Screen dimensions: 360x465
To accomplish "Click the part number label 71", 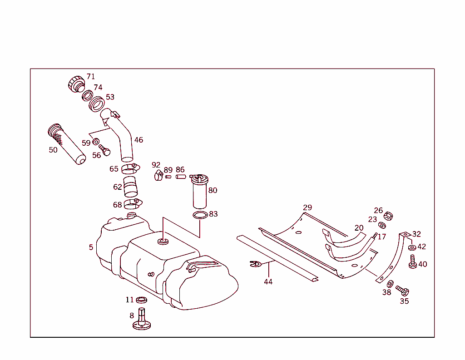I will (91, 76).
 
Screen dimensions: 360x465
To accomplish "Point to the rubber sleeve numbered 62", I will (130, 187).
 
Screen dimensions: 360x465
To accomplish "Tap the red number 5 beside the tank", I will (91, 247).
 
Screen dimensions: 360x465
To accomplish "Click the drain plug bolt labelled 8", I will (141, 319).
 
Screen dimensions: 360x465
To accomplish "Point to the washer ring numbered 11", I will (142, 300).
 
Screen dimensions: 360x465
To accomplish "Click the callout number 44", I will (268, 281).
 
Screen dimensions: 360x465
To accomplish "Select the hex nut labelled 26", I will (388, 216).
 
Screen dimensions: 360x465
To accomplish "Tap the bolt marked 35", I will (402, 291).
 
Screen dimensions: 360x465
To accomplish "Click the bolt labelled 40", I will (413, 262).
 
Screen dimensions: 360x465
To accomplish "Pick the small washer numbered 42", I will (412, 247).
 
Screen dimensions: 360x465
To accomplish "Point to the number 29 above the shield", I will (307, 207).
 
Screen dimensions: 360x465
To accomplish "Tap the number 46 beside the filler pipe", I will (139, 140).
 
